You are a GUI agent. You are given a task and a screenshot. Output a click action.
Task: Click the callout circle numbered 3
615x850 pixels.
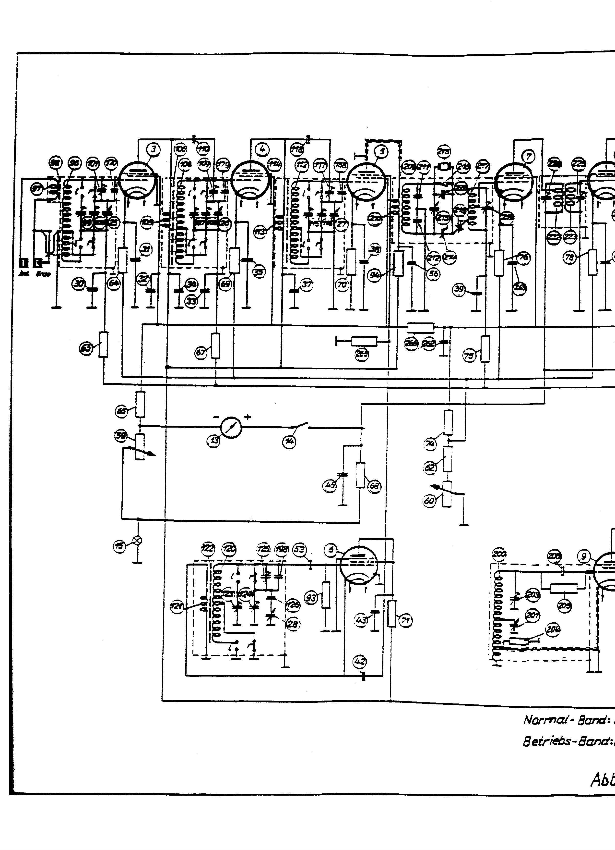[x=154, y=149]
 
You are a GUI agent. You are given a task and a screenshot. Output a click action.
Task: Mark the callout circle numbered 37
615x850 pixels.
[x=307, y=285]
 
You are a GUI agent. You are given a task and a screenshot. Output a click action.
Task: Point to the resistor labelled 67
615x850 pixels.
[x=215, y=345]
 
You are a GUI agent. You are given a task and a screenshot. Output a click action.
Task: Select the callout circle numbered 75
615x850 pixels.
[x=469, y=356]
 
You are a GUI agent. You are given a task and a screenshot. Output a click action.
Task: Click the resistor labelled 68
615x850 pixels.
[x=360, y=475]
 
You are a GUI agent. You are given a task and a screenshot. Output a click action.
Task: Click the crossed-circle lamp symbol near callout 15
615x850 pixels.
[x=138, y=540]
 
